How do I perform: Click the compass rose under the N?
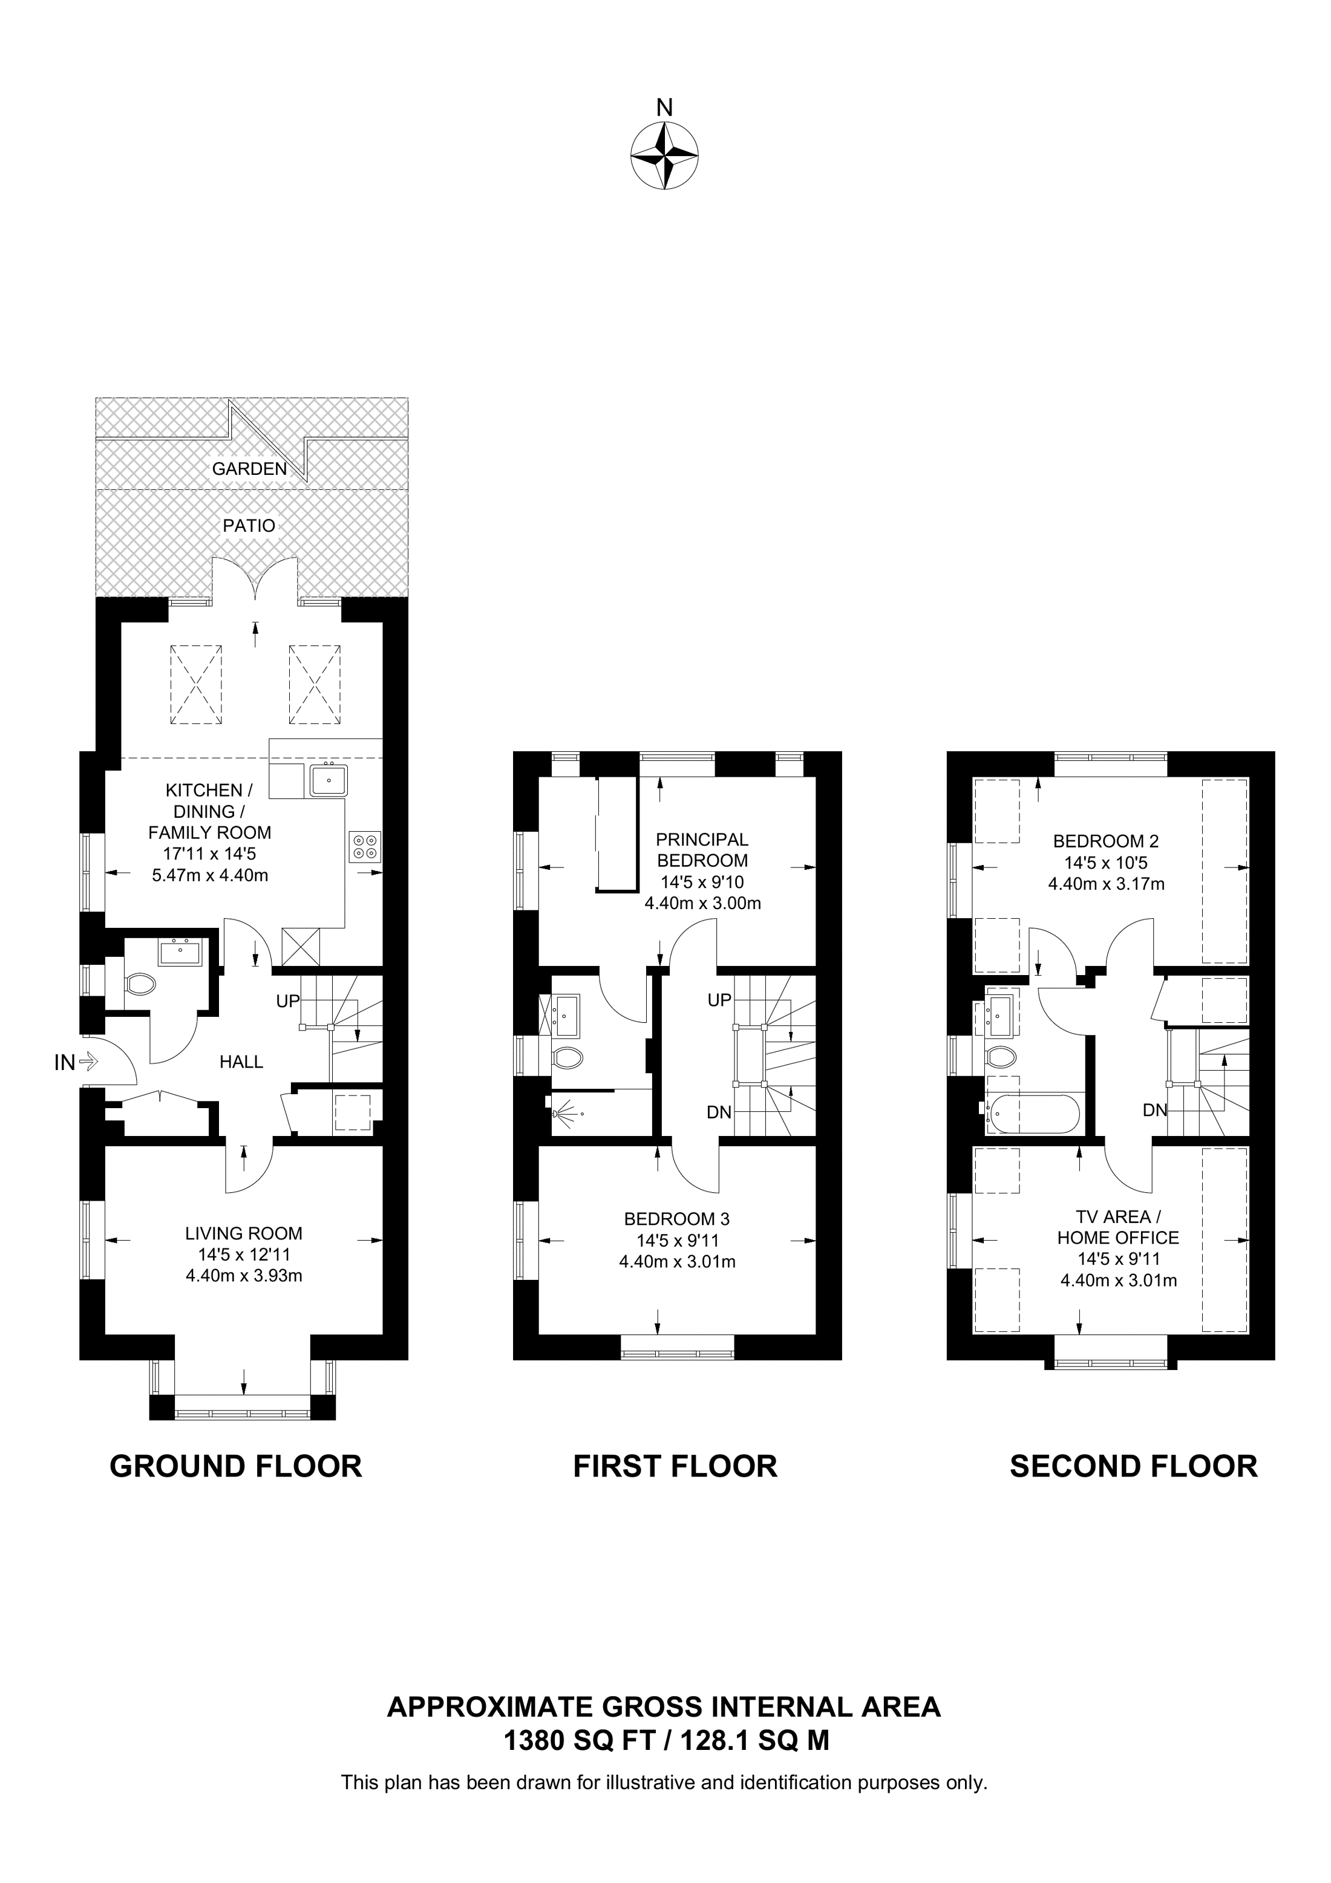(x=664, y=156)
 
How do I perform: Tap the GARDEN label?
(x=249, y=469)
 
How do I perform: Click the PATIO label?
(x=249, y=526)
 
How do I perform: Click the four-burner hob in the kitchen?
(x=365, y=846)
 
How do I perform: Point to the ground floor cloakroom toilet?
(x=140, y=984)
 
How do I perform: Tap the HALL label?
(x=241, y=1062)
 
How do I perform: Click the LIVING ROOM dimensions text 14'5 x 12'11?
(x=244, y=1255)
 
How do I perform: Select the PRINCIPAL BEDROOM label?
(x=702, y=850)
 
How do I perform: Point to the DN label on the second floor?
(x=1155, y=1111)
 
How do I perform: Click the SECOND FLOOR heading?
(x=1133, y=1466)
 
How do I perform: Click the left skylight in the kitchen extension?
(x=196, y=685)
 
